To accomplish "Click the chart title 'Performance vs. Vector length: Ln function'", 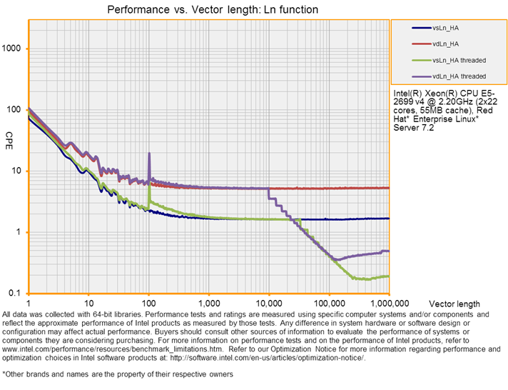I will tap(213, 10).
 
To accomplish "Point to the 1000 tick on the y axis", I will tap(14, 49).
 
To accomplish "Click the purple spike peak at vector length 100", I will tap(149, 154).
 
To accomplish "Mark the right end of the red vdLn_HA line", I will tap(389, 188).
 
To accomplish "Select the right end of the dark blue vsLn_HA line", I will tap(389, 219).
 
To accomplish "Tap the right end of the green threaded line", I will tap(389, 276).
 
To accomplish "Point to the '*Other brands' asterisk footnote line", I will tap(118, 374).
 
